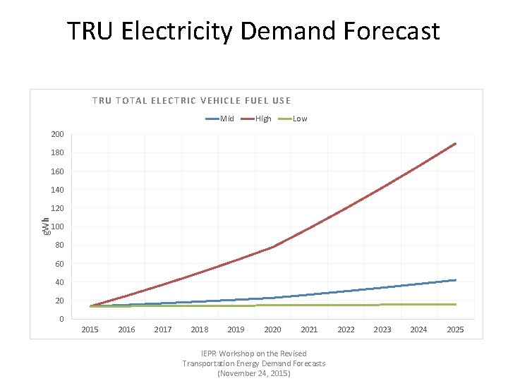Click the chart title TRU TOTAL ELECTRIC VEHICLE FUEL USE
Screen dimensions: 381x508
click(x=191, y=100)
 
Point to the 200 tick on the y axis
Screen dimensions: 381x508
click(x=57, y=134)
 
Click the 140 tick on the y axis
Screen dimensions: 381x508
click(x=57, y=190)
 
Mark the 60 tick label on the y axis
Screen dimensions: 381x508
click(x=59, y=264)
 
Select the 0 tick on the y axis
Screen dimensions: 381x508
click(x=61, y=319)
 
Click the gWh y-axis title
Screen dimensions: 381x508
click(x=44, y=226)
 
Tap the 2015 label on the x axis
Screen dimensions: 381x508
click(x=90, y=329)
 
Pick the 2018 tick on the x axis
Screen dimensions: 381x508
click(x=200, y=329)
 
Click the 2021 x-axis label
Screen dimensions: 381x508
click(x=309, y=329)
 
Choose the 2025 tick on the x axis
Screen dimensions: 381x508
click(x=455, y=329)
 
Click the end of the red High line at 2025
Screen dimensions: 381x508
click(x=455, y=144)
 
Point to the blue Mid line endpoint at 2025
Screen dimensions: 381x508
click(x=455, y=280)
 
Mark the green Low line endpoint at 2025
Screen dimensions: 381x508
click(x=455, y=304)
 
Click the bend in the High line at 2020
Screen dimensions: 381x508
click(x=273, y=247)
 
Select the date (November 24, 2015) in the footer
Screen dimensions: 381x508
click(x=254, y=373)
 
